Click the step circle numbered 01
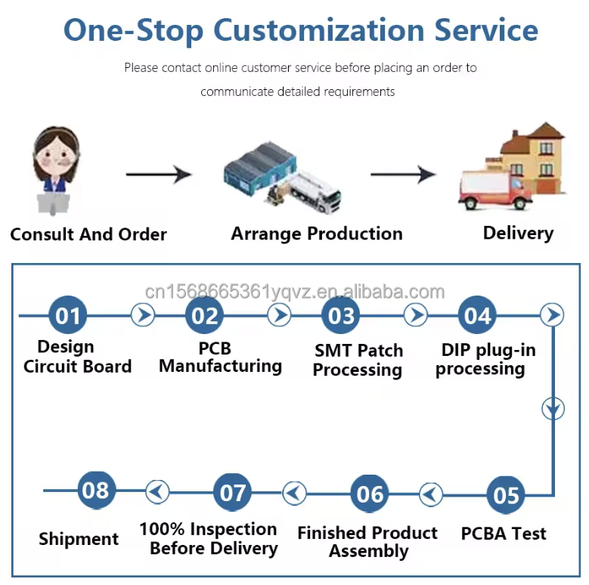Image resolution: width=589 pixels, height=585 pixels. pos(68,314)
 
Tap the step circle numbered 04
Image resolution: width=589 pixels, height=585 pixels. pos(477,314)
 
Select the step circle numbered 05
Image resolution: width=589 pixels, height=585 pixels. pos(506,495)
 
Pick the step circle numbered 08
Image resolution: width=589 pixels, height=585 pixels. pos(97,490)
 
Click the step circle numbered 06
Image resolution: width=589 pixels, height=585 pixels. pos(369,494)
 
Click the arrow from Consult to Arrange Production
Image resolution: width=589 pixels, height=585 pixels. pos(159,175)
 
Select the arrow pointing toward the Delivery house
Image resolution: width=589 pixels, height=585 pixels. pos(403,175)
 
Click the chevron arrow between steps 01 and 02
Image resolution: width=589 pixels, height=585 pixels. pos(143,314)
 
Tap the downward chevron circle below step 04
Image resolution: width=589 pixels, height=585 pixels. pos(553,409)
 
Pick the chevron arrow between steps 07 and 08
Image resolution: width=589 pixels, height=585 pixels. pos(157,491)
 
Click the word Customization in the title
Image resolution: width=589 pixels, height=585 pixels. pos(319,30)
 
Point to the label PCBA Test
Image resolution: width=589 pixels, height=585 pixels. pos(504,534)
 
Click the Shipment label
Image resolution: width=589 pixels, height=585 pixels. pos(79,539)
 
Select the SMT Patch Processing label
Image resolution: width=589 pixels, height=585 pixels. pos(358,360)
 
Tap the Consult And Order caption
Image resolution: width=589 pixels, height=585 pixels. pos(88,234)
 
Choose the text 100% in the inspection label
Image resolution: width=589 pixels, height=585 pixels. pos(162,529)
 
